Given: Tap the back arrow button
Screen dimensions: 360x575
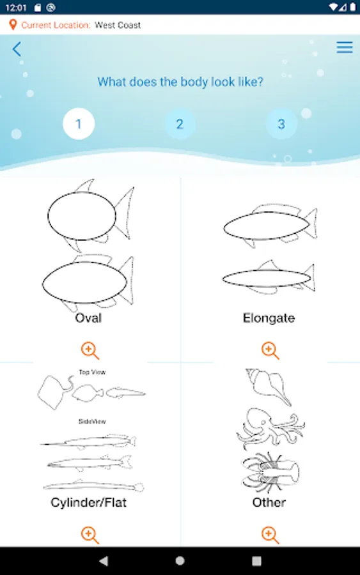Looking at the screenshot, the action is click(17, 49).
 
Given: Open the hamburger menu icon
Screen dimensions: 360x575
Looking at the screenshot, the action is click(345, 47).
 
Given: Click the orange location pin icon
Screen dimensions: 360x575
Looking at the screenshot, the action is click(13, 25).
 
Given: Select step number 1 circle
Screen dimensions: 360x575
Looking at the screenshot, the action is click(79, 124).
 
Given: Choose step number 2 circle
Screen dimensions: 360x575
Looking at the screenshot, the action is click(180, 124).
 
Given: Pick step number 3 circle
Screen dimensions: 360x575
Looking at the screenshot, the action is click(281, 124).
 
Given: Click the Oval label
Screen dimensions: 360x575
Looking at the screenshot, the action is click(88, 318).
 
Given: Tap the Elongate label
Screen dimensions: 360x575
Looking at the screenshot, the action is click(269, 318).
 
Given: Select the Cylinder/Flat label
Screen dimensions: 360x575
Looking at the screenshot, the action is click(88, 502).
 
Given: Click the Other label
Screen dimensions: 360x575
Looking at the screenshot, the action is click(269, 502).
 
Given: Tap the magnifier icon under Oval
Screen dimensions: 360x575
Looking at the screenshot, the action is click(90, 351).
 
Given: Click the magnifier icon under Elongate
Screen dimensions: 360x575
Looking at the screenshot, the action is click(270, 351).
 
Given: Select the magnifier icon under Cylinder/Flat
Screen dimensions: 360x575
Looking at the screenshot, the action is click(90, 535).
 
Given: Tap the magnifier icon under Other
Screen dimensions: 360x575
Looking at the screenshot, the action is click(270, 535).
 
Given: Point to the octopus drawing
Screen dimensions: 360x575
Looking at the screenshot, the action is click(270, 428).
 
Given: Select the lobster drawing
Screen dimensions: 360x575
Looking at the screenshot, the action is click(270, 472).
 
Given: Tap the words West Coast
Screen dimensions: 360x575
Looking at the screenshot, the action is click(118, 25).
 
